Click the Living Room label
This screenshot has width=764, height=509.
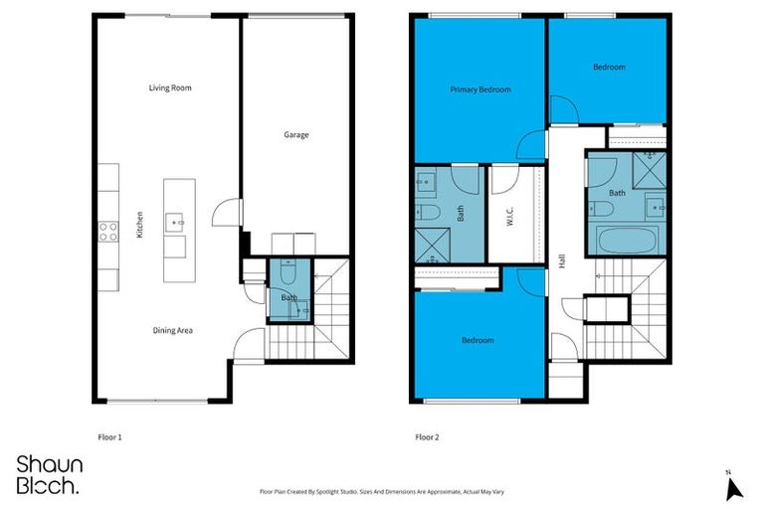click(170, 88)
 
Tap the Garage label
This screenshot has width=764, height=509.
click(295, 134)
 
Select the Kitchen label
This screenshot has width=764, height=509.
click(140, 226)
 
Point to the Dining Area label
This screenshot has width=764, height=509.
click(171, 330)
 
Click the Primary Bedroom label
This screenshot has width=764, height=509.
click(479, 89)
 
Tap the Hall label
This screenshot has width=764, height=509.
click(562, 260)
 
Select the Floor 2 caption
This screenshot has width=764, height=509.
click(427, 436)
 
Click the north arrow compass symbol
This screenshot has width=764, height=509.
click(734, 486)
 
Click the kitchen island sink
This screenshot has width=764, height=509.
click(175, 220)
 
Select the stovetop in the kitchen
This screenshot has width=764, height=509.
click(108, 232)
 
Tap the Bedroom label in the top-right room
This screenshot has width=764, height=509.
click(609, 68)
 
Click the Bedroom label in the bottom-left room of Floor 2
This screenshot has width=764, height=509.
click(477, 341)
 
